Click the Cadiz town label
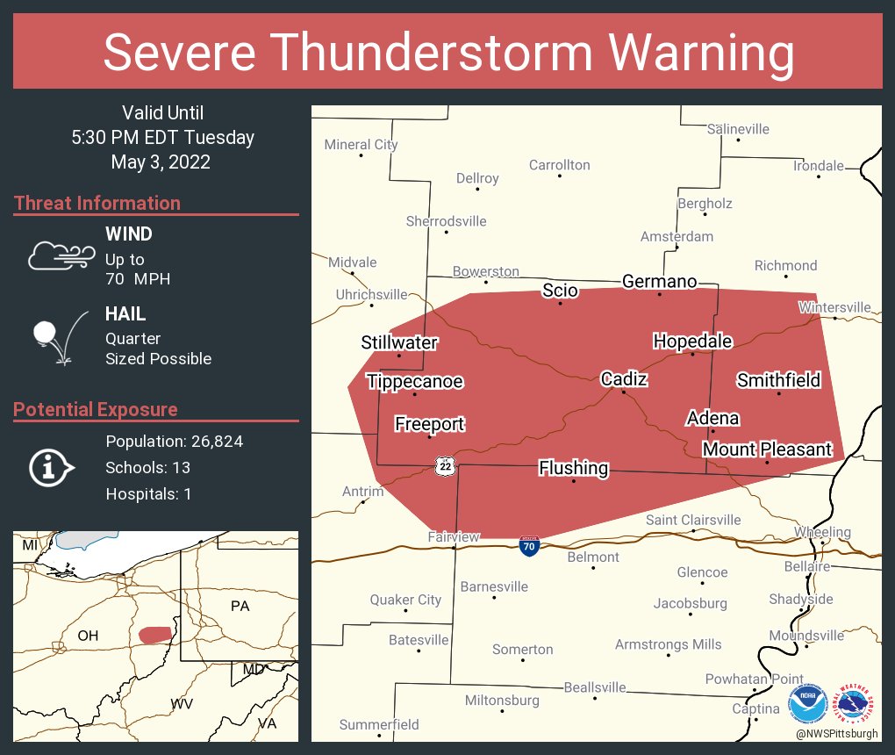[x=624, y=379]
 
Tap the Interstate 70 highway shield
[x=528, y=546]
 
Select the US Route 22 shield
[x=446, y=466]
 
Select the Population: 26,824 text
[x=174, y=441]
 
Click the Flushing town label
[x=573, y=468]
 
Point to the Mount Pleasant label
[x=767, y=449]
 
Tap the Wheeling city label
[x=822, y=532]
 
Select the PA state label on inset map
[x=240, y=606]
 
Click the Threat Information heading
[x=97, y=203]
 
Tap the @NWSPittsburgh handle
[x=837, y=733]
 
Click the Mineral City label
[x=361, y=145]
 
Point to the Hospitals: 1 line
[x=148, y=493]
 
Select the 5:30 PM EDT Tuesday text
[x=163, y=137]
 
